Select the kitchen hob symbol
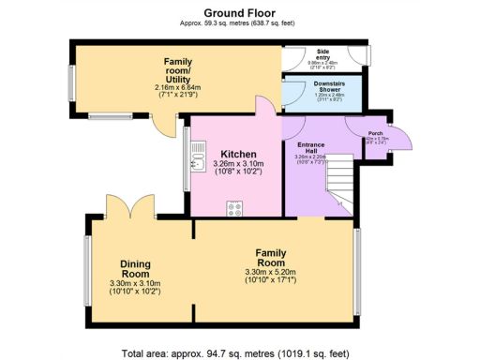point(233,209)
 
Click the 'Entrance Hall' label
point(310,149)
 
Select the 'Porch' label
point(375,135)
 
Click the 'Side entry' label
point(325,55)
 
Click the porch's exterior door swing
point(401,139)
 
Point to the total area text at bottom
point(240,353)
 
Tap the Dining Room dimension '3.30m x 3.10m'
point(135,285)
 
